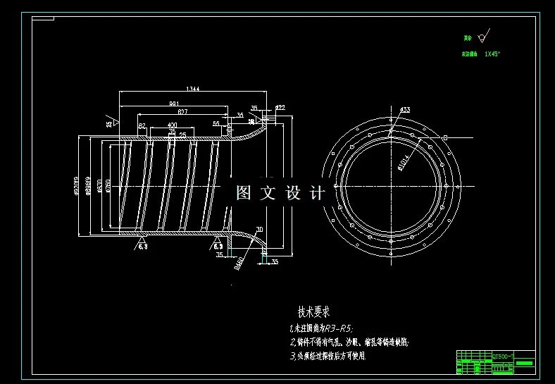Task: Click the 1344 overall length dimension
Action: click(192, 89)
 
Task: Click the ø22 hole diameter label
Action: click(280, 108)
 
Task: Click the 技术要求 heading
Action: click(313, 311)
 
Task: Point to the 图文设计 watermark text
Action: click(280, 193)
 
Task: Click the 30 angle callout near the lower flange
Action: click(259, 230)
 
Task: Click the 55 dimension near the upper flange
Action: click(216, 123)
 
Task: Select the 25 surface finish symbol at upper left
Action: click(110, 123)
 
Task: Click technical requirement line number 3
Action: click(328, 357)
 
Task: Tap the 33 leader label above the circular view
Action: click(405, 110)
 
